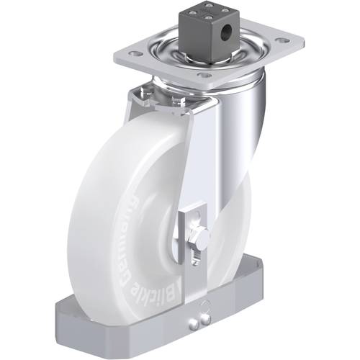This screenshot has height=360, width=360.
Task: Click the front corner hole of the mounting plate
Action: pyautogui.click(x=204, y=76)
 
